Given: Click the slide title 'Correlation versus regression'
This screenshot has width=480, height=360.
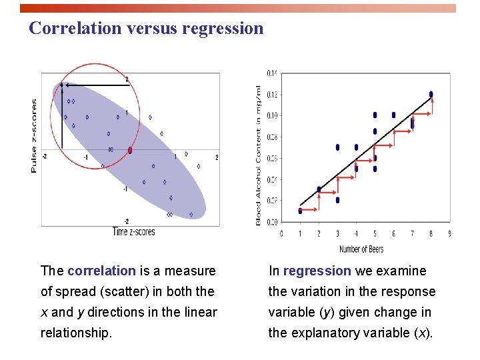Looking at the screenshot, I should pyautogui.click(x=147, y=29).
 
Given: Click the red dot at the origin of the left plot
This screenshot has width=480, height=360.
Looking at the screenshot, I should pyautogui.click(x=130, y=151).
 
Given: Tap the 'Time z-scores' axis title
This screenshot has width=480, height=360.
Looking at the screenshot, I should pyautogui.click(x=134, y=232).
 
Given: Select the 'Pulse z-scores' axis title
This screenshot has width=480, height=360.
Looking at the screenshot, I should pyautogui.click(x=35, y=136).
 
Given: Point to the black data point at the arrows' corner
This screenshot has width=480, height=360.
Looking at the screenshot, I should pyautogui.click(x=61, y=85).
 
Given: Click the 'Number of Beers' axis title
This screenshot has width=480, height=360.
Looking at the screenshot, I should pyautogui.click(x=361, y=249).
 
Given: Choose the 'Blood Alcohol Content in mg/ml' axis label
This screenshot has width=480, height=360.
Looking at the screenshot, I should pyautogui.click(x=259, y=155).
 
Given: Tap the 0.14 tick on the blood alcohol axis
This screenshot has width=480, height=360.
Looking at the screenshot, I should pyautogui.click(x=273, y=73).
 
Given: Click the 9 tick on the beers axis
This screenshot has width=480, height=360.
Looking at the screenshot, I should pyautogui.click(x=449, y=234).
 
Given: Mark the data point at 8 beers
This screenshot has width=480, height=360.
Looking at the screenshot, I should pyautogui.click(x=431, y=94).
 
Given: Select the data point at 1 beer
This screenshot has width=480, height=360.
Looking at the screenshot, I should pyautogui.click(x=300, y=211).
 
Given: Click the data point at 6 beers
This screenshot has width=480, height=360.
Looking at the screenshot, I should pyautogui.click(x=393, y=115).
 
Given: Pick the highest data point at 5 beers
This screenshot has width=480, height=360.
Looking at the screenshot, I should pyautogui.click(x=375, y=115).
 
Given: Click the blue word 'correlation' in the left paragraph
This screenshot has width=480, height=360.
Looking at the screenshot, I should pyautogui.click(x=101, y=271).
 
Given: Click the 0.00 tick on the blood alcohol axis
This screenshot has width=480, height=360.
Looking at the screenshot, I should pyautogui.click(x=273, y=222).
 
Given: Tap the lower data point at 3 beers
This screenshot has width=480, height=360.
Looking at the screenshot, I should pyautogui.click(x=337, y=200).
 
